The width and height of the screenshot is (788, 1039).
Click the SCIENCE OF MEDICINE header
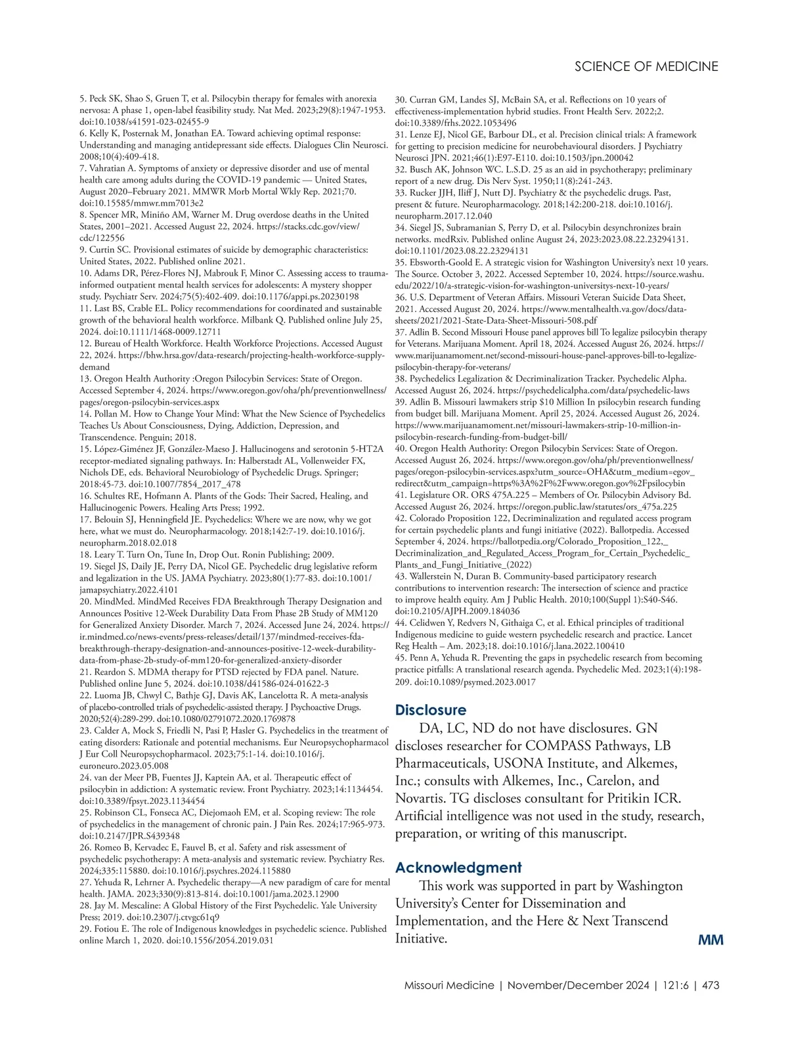coord(646,66)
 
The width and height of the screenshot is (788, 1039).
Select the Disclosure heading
coord(430,710)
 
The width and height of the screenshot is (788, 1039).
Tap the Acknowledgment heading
coord(458,868)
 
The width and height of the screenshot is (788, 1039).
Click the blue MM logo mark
coord(711,940)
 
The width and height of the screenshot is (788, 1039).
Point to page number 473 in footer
coord(711,985)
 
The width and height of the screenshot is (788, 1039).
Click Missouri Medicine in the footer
coord(449,985)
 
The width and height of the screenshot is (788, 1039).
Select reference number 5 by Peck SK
coord(83,99)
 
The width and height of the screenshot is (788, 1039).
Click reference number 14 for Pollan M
coord(85,414)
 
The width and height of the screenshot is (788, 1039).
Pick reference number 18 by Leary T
coord(85,554)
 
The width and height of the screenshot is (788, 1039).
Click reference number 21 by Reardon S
coord(85,672)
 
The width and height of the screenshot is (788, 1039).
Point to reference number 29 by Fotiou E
coord(85,929)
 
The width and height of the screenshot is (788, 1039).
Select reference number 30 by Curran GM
coord(401,100)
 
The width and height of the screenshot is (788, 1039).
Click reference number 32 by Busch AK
coord(401,169)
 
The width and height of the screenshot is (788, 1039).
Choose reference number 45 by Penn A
coord(401,658)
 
